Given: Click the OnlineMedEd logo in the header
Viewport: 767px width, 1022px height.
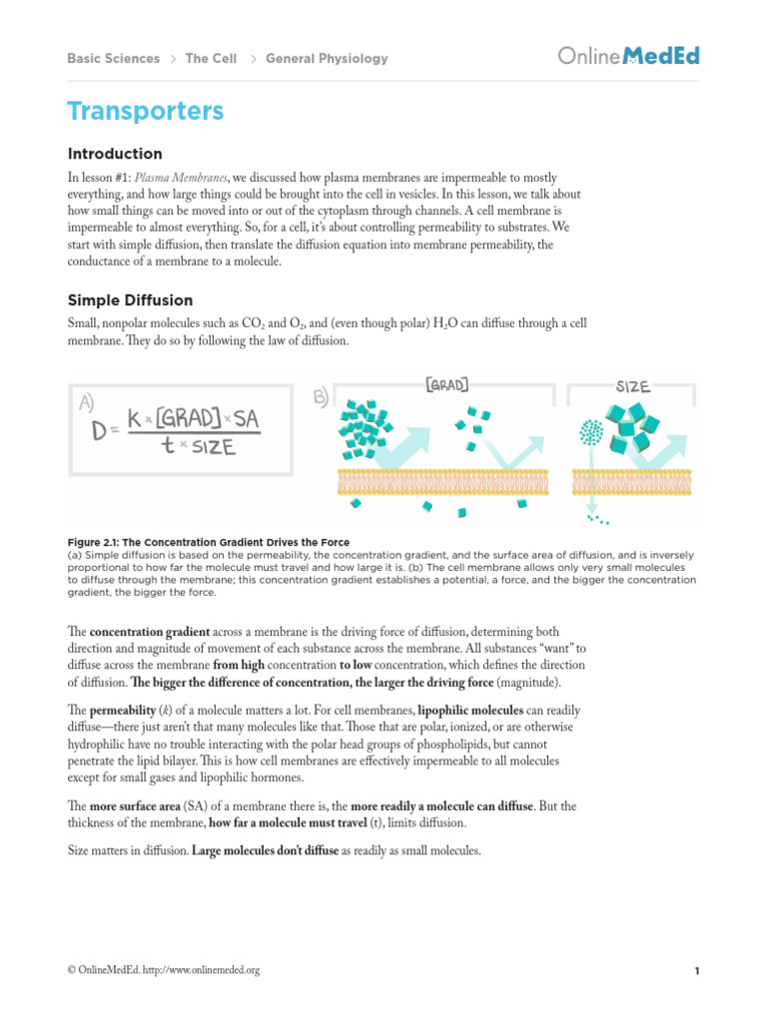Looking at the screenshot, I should [628, 57].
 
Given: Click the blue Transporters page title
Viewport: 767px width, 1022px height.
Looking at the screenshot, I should [145, 111].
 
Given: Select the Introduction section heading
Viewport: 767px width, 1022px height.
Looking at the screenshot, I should [114, 154].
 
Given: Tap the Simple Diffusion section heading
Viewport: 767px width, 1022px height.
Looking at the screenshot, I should [130, 300].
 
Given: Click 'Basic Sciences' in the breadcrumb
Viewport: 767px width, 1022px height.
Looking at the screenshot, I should [113, 59].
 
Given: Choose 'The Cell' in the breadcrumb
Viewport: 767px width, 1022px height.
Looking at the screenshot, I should [211, 59].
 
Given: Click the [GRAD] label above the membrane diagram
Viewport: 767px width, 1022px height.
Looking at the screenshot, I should [446, 382].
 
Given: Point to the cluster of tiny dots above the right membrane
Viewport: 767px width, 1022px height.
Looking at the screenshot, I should [590, 430].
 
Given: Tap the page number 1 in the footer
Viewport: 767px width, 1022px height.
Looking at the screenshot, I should [695, 970].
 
